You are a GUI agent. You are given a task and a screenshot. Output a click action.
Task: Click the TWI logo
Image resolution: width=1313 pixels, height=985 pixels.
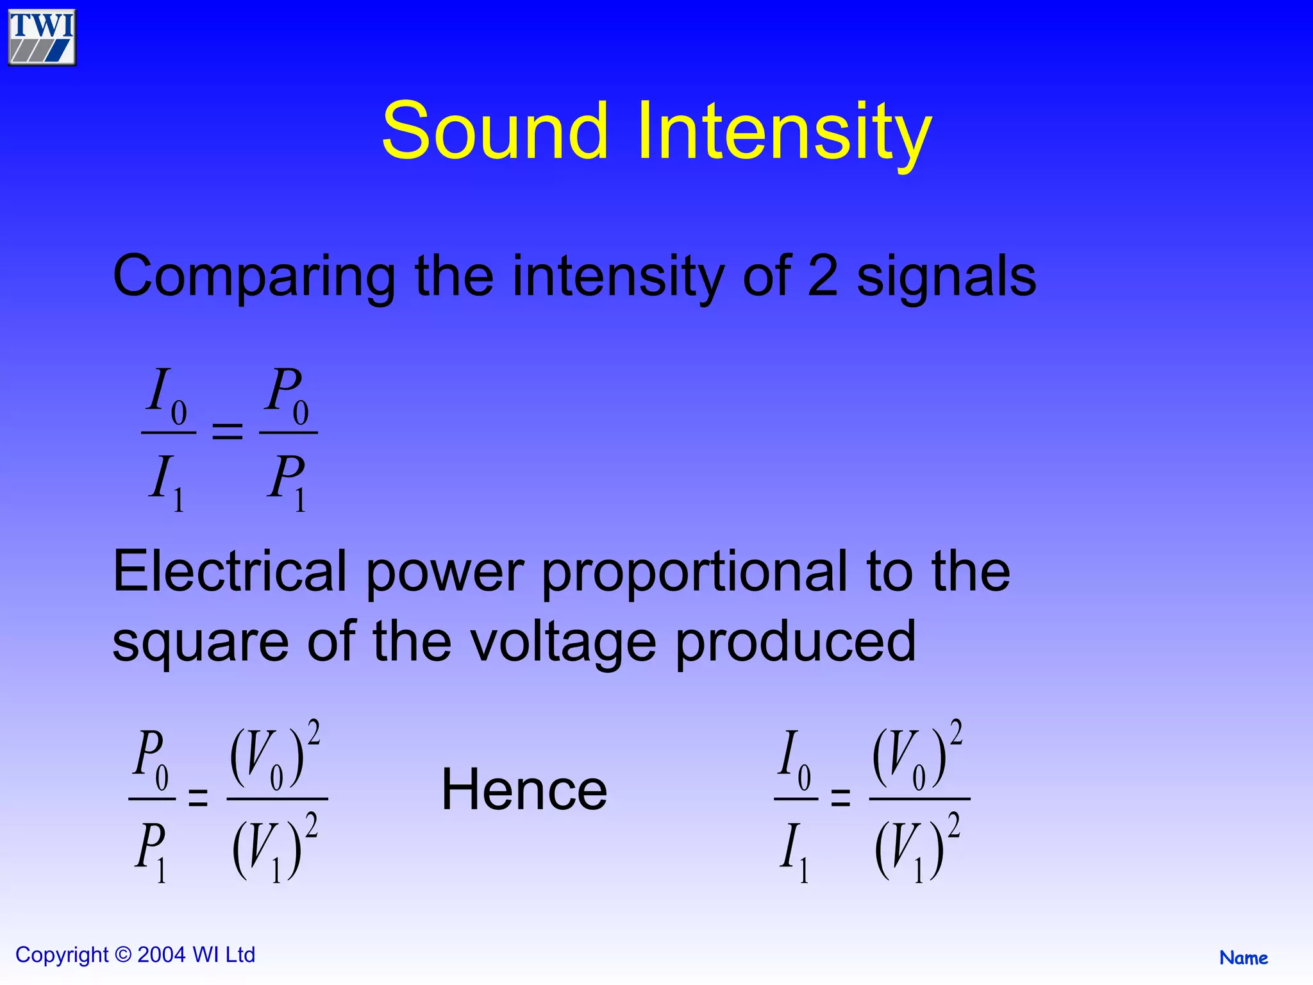click(42, 37)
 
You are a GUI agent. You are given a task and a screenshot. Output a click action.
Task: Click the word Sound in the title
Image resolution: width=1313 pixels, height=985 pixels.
click(494, 131)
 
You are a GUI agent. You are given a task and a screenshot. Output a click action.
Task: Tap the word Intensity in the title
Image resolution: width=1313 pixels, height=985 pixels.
click(783, 132)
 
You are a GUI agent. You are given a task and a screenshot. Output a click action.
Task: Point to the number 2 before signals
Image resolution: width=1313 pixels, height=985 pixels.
click(823, 276)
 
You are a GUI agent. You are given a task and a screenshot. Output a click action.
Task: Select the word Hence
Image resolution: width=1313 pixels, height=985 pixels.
click(524, 790)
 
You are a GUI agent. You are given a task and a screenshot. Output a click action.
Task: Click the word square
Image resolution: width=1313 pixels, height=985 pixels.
click(201, 643)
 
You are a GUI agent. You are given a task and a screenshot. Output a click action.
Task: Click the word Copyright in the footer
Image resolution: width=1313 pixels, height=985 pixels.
click(62, 955)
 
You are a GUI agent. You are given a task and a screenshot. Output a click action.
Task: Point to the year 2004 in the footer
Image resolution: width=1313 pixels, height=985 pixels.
click(162, 955)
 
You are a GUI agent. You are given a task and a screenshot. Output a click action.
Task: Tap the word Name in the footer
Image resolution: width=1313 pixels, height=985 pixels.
click(1243, 958)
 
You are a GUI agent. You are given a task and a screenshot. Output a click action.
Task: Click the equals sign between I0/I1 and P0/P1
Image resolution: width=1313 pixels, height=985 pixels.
click(228, 431)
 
